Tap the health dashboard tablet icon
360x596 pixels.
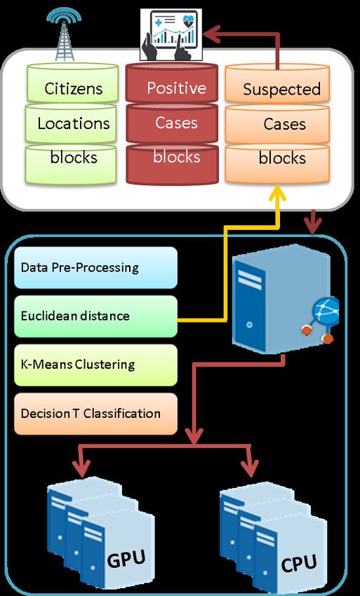click(171, 34)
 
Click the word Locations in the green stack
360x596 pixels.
click(74, 123)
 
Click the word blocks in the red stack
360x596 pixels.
click(177, 157)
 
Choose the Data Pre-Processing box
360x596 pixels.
click(95, 268)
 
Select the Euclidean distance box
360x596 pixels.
click(95, 316)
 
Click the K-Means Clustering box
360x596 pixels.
click(95, 365)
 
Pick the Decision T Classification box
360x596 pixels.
click(95, 414)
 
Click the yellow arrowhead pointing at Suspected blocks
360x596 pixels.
click(278, 192)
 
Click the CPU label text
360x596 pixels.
click(299, 563)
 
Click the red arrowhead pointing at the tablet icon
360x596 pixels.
click(212, 34)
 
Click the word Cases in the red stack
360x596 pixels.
click(176, 123)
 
